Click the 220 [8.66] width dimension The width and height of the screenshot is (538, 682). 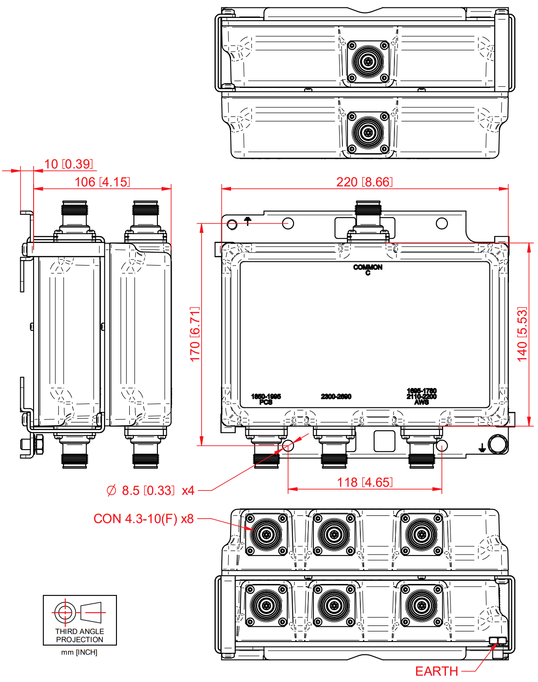pos(364,182)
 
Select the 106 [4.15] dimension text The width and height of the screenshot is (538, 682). pos(102,182)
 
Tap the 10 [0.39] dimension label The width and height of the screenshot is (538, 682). pos(69,164)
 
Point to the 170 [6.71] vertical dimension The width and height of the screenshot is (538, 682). pos(195,334)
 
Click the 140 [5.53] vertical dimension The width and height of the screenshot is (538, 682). pos(522,334)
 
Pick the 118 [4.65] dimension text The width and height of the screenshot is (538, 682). pos(364,482)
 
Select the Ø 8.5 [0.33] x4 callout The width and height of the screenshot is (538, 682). pos(150,491)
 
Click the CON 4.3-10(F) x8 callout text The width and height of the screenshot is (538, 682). pos(143,519)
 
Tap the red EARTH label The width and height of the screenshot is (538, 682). pos(436,671)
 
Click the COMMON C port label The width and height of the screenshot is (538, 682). pos(368,270)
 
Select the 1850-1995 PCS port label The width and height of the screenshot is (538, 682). pos(266,399)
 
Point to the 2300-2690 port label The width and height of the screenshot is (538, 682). pos(336,397)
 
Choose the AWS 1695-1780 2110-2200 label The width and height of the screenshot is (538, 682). pos(422,396)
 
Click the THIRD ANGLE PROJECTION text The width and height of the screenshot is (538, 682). pos(80,636)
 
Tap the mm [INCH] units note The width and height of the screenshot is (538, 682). pos(79,652)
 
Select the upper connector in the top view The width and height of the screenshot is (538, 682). pos(368,61)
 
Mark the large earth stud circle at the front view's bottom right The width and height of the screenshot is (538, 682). pos(497,445)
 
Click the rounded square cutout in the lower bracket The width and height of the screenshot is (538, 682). pos(384,441)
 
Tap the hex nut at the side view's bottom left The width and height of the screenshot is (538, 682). pos(39,445)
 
